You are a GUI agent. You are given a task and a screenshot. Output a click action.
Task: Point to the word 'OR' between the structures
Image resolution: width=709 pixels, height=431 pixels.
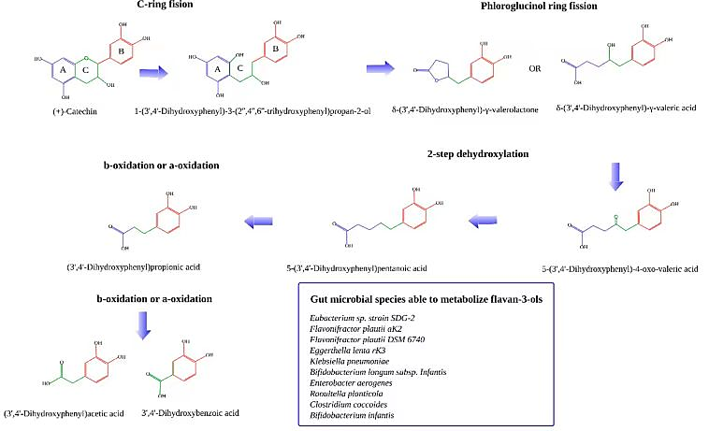(x=535, y=68)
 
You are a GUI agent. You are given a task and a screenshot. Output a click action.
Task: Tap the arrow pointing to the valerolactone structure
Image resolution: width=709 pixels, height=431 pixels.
(x=380, y=68)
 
